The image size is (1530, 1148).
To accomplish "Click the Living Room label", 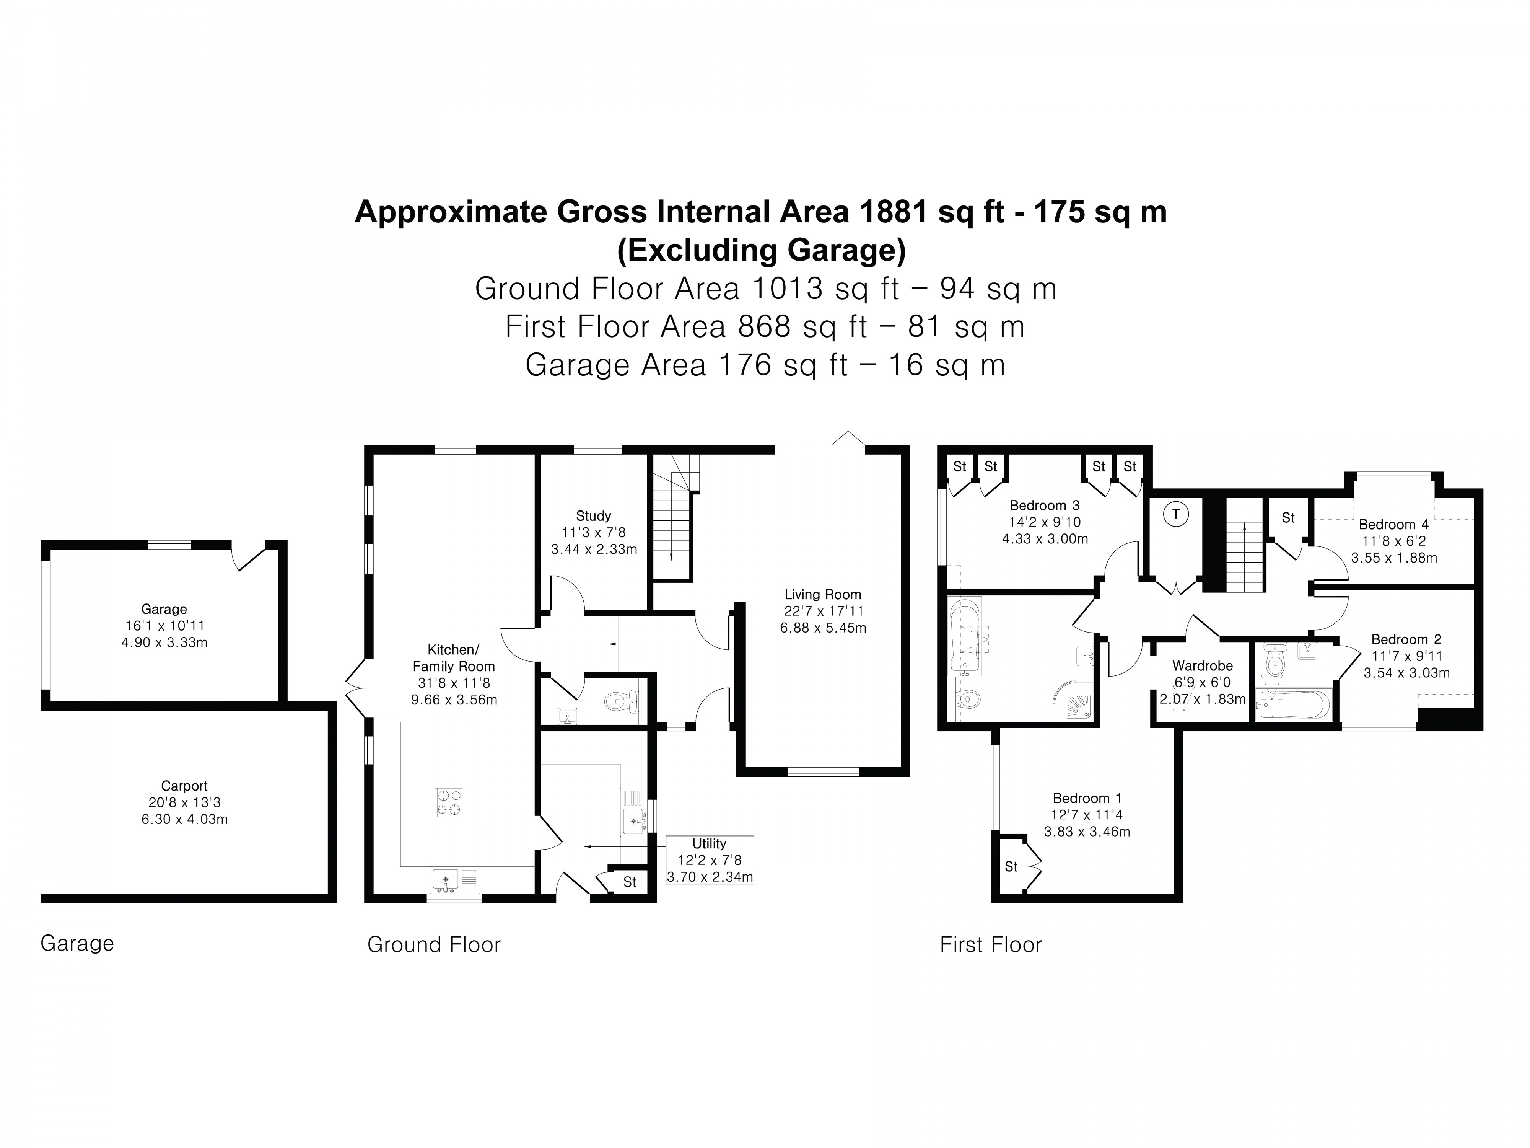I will coord(822,594).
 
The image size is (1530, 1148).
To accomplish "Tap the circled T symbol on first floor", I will coord(1175,515).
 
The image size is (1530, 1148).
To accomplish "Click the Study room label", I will coord(594,515).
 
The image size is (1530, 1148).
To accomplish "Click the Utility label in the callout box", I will coord(709,843).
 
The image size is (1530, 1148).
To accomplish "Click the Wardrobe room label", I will coord(1202,666).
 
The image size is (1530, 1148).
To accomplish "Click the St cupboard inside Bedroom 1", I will coord(1011,866).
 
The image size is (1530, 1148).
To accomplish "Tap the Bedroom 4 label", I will coord(1393,525).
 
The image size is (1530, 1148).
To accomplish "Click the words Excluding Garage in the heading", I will coord(761,251).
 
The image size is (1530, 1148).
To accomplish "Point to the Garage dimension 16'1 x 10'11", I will coord(164,626).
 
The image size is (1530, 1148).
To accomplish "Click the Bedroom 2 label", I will coord(1406,639).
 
